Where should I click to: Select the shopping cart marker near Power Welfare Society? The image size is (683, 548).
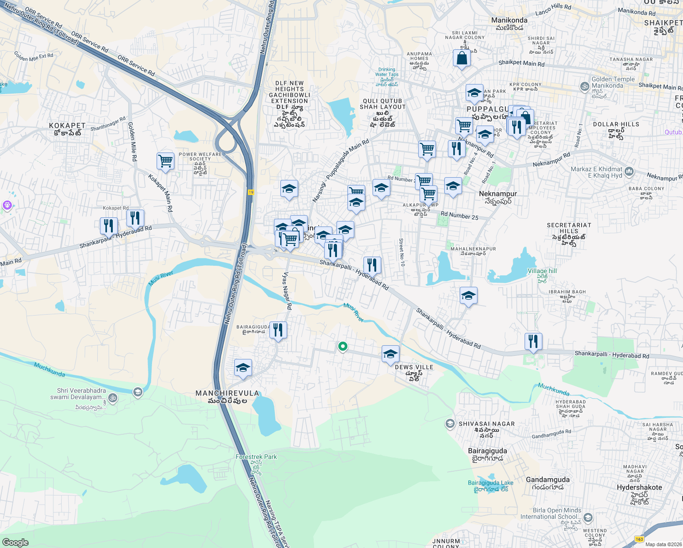tap(165, 161)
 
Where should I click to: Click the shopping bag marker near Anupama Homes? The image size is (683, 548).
tap(462, 58)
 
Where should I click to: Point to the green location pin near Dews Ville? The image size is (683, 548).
tap(342, 347)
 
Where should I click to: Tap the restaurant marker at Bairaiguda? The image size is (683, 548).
tap(278, 329)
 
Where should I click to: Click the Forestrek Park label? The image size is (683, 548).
tap(256, 457)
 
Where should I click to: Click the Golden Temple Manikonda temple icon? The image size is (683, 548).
tap(584, 86)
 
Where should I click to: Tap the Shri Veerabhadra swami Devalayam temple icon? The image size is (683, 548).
tap(113, 398)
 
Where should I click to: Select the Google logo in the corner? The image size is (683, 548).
tap(15, 542)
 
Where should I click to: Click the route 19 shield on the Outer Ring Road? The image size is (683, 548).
tap(251, 192)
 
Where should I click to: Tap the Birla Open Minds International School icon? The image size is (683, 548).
tap(588, 517)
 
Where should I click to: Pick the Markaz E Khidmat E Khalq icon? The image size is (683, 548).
tap(629, 172)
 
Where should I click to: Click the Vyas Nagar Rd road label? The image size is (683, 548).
tap(287, 291)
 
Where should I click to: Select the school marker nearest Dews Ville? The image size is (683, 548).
tap(390, 354)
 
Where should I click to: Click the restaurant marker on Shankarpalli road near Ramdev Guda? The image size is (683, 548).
tap(533, 341)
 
